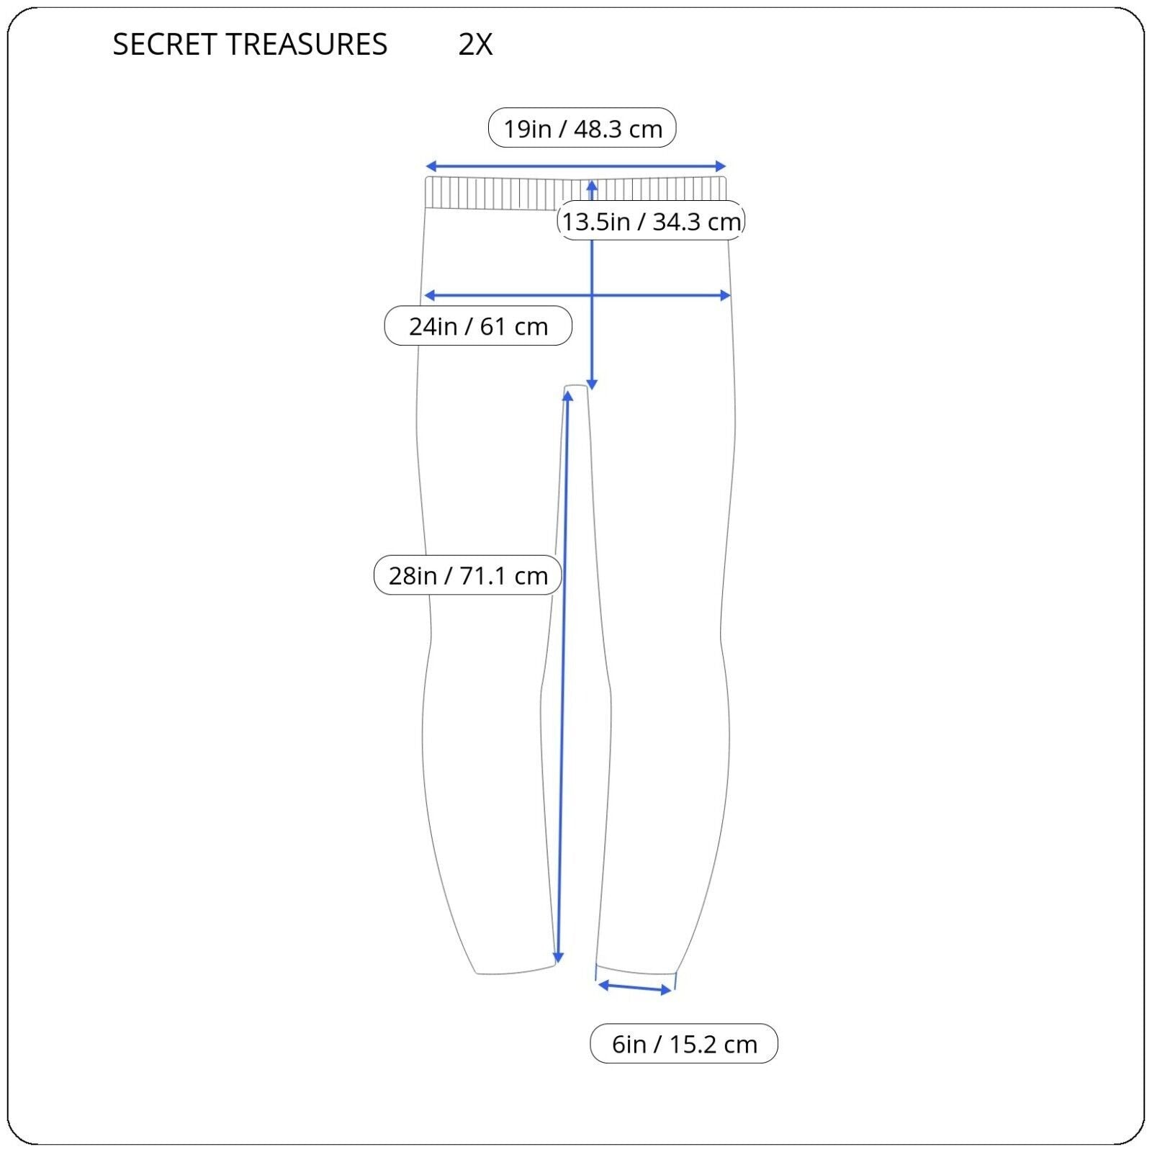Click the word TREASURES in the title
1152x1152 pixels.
pyautogui.click(x=308, y=45)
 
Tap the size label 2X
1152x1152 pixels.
pyautogui.click(x=475, y=45)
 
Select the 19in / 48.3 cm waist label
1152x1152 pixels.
pyautogui.click(x=582, y=128)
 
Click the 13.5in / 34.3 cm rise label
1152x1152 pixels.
pyautogui.click(x=652, y=221)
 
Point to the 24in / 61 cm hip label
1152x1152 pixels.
pyautogui.click(x=478, y=326)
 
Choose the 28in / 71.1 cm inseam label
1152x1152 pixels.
pyautogui.click(x=468, y=575)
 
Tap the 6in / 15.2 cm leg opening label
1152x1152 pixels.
pyautogui.click(x=684, y=1043)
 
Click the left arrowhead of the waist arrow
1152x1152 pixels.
pyautogui.click(x=430, y=166)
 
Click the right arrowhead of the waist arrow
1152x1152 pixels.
pyautogui.click(x=721, y=166)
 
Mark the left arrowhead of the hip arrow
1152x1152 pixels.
pyautogui.click(x=429, y=295)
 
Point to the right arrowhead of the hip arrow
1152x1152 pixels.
pyautogui.click(x=726, y=295)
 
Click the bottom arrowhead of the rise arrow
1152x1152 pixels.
pyautogui.click(x=592, y=385)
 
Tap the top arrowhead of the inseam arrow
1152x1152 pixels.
pyautogui.click(x=567, y=395)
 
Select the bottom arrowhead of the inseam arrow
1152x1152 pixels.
pyautogui.click(x=558, y=958)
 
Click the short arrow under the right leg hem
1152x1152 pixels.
pyautogui.click(x=635, y=987)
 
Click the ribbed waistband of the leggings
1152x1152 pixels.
pyautogui.click(x=576, y=192)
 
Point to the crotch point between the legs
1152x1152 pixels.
pyautogui.click(x=576, y=387)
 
